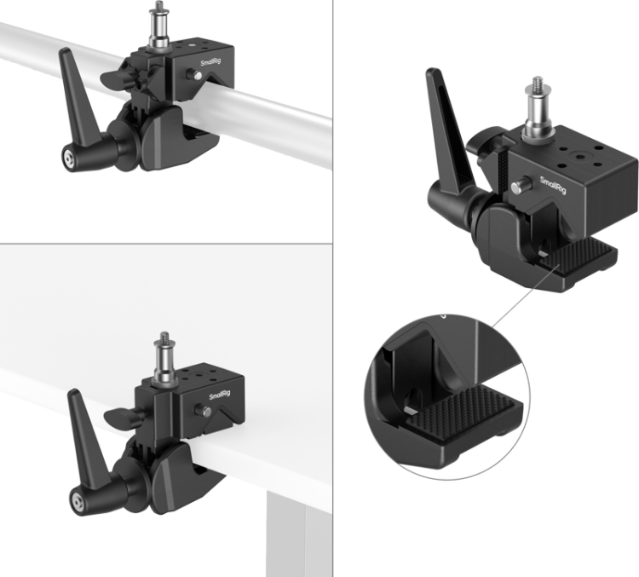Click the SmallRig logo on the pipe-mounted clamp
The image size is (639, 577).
click(210, 62)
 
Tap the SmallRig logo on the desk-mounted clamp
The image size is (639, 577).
click(220, 395)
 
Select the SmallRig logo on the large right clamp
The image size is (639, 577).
click(553, 185)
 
